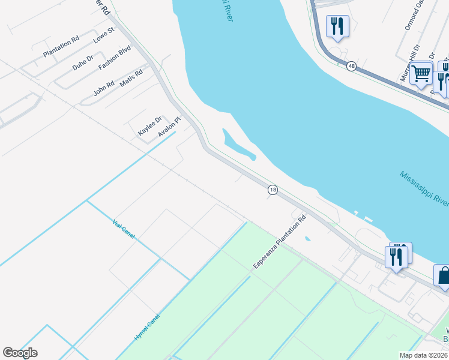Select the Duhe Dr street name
pos(83,62)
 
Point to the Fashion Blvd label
pos(115,58)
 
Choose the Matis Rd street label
pos(131,79)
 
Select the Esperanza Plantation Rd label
pos(280,241)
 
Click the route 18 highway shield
pos(273,190)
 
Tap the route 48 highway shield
pos(351,66)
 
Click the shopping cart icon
pos(421,73)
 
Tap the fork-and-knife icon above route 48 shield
pos(337,26)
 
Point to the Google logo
pos(20,353)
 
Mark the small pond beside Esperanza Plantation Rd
pos(307,239)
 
